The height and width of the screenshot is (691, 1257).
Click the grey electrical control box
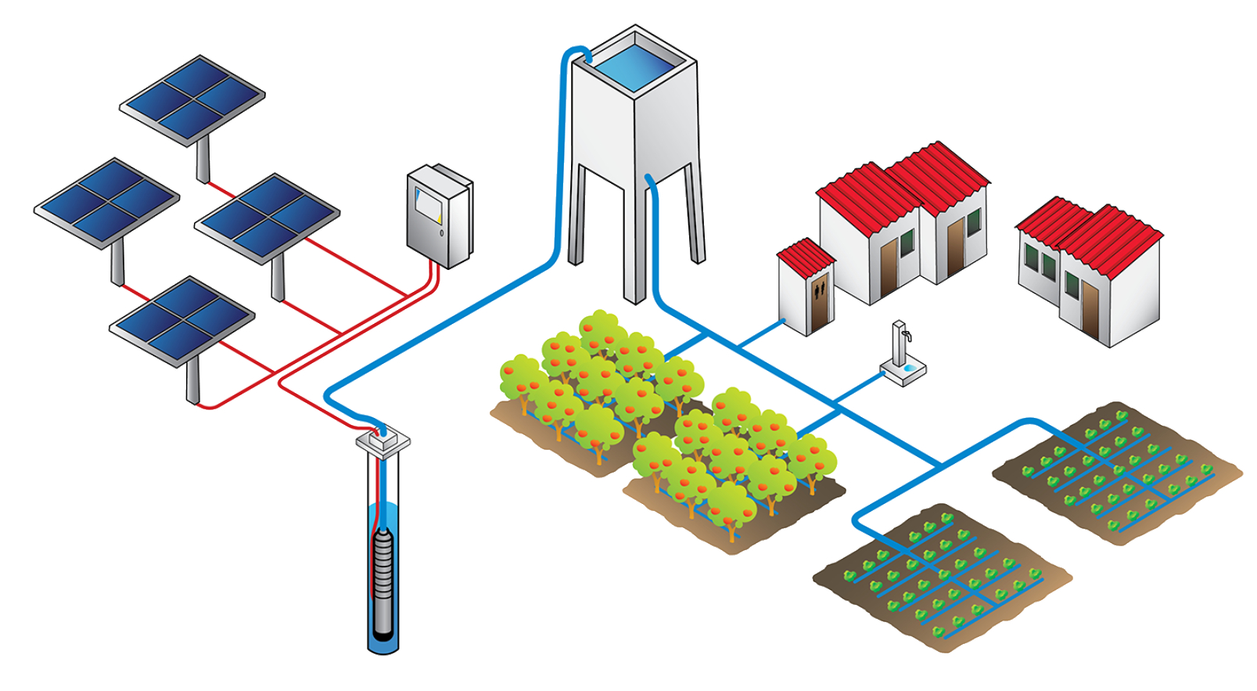[x=438, y=216]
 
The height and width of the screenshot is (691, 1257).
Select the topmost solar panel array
[x=192, y=99]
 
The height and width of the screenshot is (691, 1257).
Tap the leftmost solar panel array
[x=106, y=201]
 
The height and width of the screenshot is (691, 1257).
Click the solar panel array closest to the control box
[x=267, y=217]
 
